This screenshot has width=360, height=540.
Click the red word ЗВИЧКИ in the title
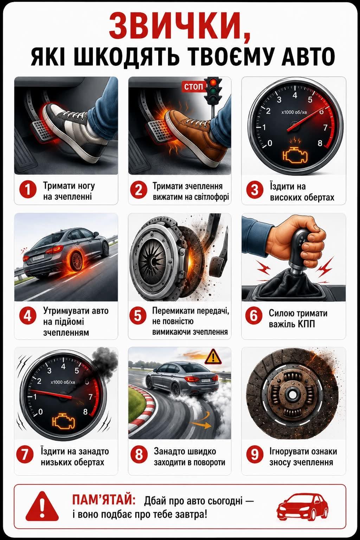click(x=180, y=27)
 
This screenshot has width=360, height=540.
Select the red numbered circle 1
click(x=28, y=190)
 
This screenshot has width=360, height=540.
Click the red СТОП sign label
click(x=193, y=86)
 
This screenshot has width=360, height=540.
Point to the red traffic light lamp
click(x=213, y=83)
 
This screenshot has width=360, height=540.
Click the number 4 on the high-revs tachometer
click(x=295, y=95)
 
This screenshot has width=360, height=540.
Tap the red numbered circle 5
click(x=138, y=315)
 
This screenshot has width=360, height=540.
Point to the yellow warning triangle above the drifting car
click(x=213, y=356)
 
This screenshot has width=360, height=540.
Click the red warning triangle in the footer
click(x=42, y=507)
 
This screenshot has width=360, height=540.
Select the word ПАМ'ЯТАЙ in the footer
click(x=104, y=500)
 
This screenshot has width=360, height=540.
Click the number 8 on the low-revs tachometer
click(x=85, y=412)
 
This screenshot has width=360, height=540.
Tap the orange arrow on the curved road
click(x=201, y=425)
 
